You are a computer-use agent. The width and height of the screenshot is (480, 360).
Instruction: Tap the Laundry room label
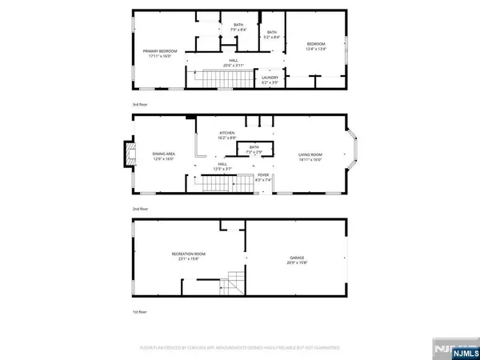(269, 79)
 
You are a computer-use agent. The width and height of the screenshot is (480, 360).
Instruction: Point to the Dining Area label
(164, 154)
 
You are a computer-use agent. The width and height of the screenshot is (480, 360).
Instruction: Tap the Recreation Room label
(190, 257)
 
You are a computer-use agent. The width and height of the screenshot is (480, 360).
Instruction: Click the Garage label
(297, 259)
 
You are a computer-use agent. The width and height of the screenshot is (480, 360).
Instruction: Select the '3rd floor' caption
(142, 104)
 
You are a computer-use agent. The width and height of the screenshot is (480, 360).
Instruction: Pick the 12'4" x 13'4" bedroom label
(318, 46)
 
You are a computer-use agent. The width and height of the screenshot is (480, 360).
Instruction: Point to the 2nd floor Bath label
(254, 149)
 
